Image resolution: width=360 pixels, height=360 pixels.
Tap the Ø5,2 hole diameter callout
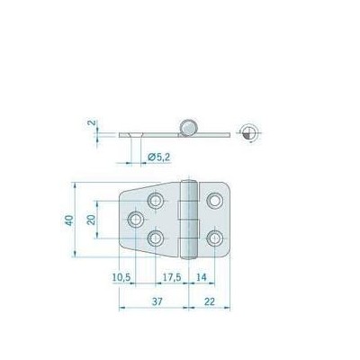tap(159, 158)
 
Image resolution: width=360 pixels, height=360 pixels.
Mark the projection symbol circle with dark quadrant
tap(249, 131)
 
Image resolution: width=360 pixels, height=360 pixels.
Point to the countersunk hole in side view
tap(135, 133)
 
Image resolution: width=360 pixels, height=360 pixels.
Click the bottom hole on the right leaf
tap(214, 238)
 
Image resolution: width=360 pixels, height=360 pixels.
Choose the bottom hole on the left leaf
tap(157, 238)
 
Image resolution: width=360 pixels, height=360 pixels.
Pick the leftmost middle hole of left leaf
tap(136, 219)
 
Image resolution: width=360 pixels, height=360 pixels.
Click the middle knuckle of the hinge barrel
tap(189, 219)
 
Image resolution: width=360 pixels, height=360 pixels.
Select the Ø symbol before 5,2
tap(150, 158)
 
